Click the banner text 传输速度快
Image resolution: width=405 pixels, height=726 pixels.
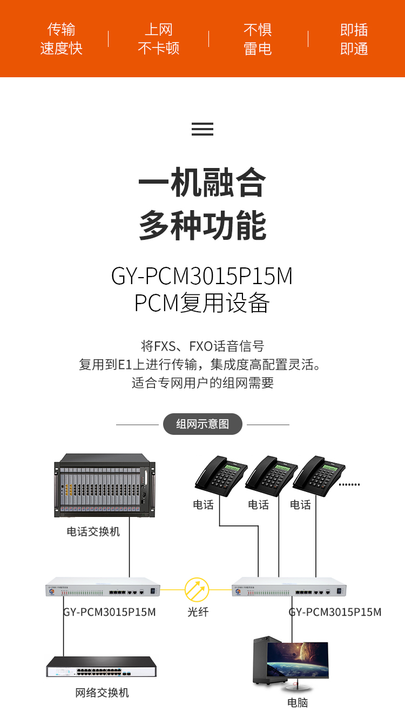(61, 39)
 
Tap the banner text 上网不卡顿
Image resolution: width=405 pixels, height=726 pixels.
(158, 39)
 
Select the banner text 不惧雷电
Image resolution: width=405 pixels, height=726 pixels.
(257, 39)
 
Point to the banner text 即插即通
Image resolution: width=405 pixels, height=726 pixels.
(354, 39)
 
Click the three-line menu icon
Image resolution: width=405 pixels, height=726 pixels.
(202, 129)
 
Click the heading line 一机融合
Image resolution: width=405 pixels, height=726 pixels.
(202, 183)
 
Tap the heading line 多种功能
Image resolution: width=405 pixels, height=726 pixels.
(202, 226)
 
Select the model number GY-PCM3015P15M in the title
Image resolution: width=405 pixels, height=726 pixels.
(202, 276)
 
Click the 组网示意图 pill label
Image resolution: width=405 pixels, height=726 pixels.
(202, 424)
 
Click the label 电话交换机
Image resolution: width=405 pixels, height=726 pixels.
(93, 532)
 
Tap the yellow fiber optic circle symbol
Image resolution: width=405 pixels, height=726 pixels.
(197, 589)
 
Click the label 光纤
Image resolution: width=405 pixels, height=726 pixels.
(198, 612)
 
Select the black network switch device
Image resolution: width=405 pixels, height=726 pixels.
(101, 667)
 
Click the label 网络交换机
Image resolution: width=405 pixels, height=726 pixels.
(102, 693)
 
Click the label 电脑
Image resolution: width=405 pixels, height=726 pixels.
(298, 702)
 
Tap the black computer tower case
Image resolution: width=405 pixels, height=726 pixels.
(265, 661)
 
